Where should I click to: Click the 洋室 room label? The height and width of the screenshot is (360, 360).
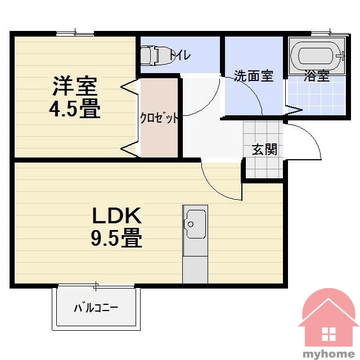[75, 85]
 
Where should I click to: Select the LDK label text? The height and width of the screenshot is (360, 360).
[116, 215]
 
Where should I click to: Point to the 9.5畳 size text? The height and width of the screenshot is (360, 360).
[116, 238]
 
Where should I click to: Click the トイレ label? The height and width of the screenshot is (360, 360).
[180, 55]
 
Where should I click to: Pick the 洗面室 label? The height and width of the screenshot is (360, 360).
[254, 75]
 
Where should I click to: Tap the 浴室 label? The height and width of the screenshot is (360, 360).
[317, 75]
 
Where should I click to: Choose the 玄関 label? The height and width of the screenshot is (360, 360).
[264, 150]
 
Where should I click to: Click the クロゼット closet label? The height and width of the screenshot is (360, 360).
[159, 118]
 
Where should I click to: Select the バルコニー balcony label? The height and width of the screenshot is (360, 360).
[96, 308]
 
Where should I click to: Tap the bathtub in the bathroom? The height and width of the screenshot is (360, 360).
[317, 56]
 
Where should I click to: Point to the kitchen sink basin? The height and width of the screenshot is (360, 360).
[196, 224]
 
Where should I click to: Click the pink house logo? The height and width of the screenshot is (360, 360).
[328, 318]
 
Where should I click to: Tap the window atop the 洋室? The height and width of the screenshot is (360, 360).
[75, 34]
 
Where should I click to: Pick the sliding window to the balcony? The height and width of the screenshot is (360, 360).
[96, 286]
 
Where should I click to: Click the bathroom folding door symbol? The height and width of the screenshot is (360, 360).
[294, 110]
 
